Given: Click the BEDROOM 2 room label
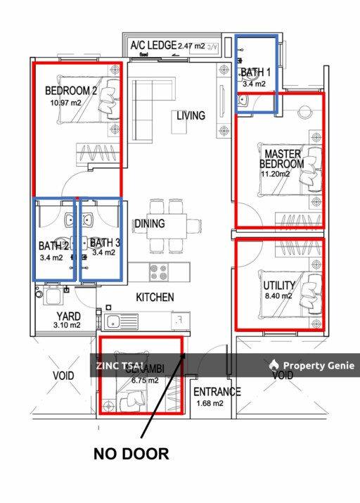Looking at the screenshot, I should (x=71, y=91).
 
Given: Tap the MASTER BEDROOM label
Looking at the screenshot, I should (x=282, y=159).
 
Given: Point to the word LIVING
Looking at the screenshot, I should (x=191, y=115).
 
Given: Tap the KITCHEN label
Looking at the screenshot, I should (x=155, y=298).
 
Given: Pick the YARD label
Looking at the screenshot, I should (x=68, y=316).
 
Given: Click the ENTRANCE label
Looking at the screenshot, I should (x=217, y=392).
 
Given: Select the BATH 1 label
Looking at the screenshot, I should (x=255, y=72).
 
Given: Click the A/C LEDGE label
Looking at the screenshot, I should (x=153, y=46).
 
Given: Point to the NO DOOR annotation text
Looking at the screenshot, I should (x=131, y=454).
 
